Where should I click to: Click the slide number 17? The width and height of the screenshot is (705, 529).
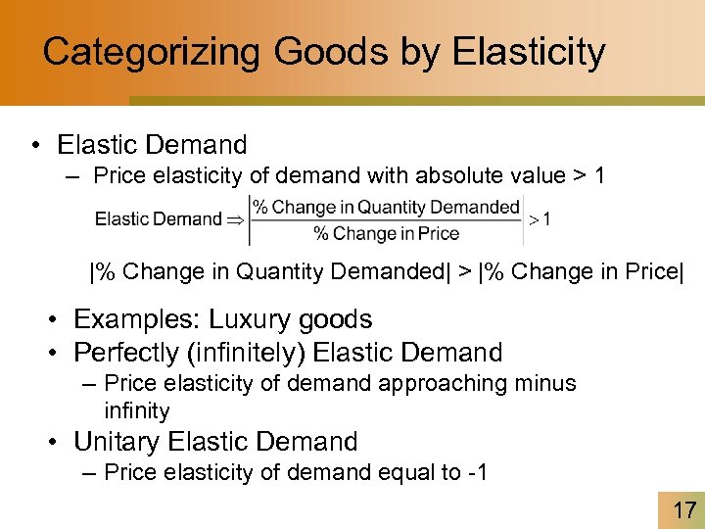point(683,509)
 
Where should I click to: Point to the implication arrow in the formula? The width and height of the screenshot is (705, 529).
point(236,219)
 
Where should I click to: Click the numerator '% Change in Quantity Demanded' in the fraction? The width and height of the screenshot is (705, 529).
point(387,207)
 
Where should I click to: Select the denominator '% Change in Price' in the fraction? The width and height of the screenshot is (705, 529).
point(386,233)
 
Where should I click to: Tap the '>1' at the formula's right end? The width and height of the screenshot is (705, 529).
point(540,219)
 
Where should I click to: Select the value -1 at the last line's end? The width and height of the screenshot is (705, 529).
point(477,472)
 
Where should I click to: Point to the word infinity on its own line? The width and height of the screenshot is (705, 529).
point(136,410)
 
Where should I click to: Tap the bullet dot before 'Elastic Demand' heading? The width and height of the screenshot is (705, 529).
point(35,146)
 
